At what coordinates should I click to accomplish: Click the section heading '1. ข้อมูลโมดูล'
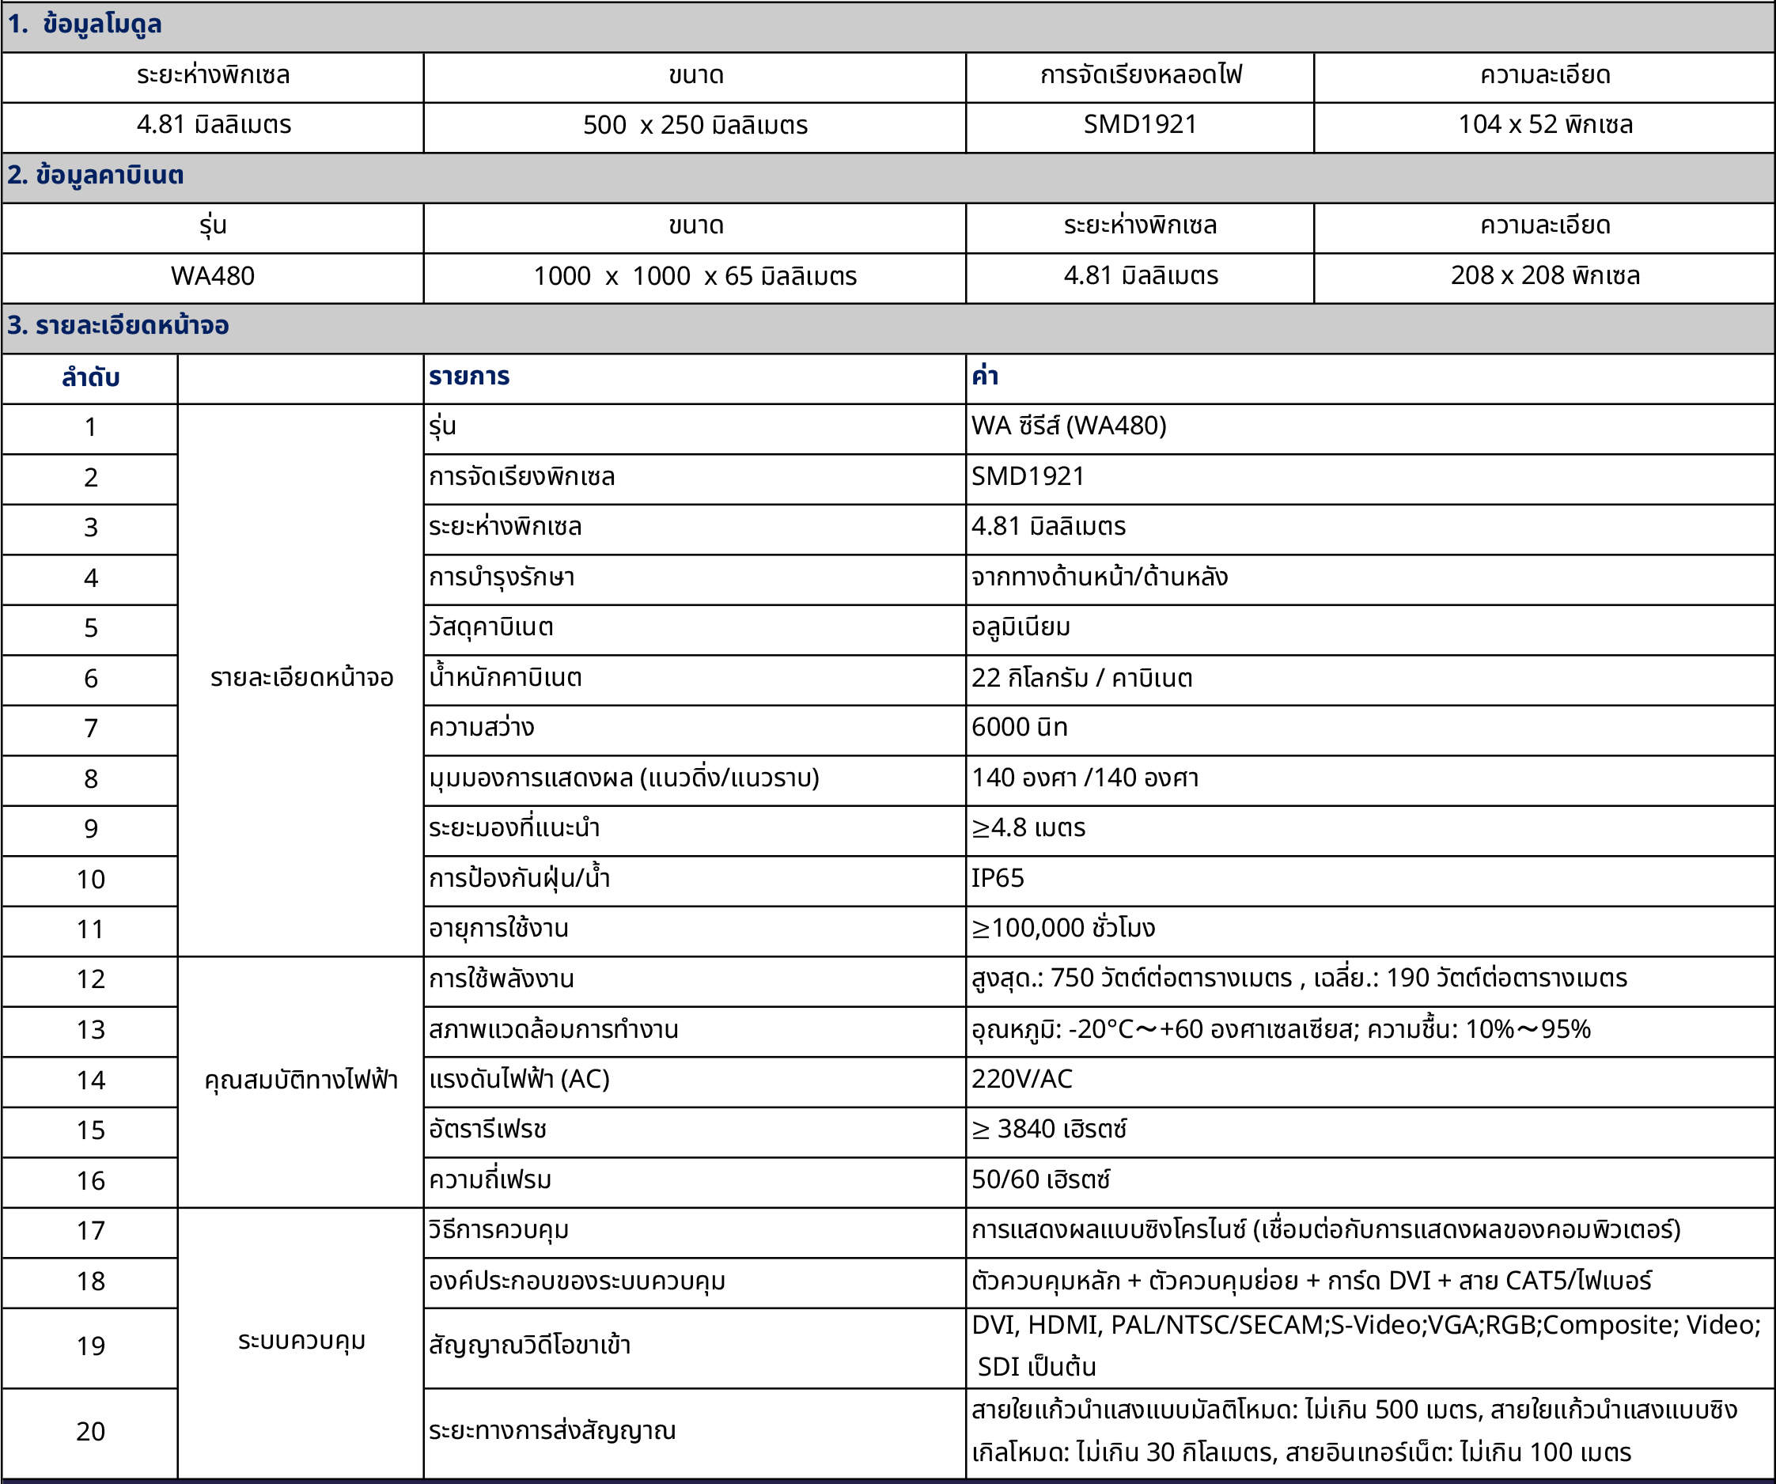85,25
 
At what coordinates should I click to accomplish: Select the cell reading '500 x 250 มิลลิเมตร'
695,125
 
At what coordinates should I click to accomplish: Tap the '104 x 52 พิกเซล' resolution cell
1544,124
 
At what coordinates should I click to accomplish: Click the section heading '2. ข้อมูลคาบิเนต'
96,175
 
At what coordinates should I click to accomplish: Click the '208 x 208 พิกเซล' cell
1544,275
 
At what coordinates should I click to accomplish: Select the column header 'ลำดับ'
90,377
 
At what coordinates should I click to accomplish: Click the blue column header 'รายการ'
469,377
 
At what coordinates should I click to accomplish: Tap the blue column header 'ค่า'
985,377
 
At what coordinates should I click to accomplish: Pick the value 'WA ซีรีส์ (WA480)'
1068,426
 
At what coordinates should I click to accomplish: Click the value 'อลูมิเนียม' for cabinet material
1021,627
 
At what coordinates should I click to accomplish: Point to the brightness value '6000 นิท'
1019,727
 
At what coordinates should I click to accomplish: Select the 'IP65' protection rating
997,879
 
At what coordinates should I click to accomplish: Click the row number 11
90,929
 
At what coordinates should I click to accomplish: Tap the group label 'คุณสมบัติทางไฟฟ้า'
301,1081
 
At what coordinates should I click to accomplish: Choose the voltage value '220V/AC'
1021,1079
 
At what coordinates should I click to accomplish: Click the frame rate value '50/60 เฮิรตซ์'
1040,1179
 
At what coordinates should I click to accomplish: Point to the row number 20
90,1432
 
